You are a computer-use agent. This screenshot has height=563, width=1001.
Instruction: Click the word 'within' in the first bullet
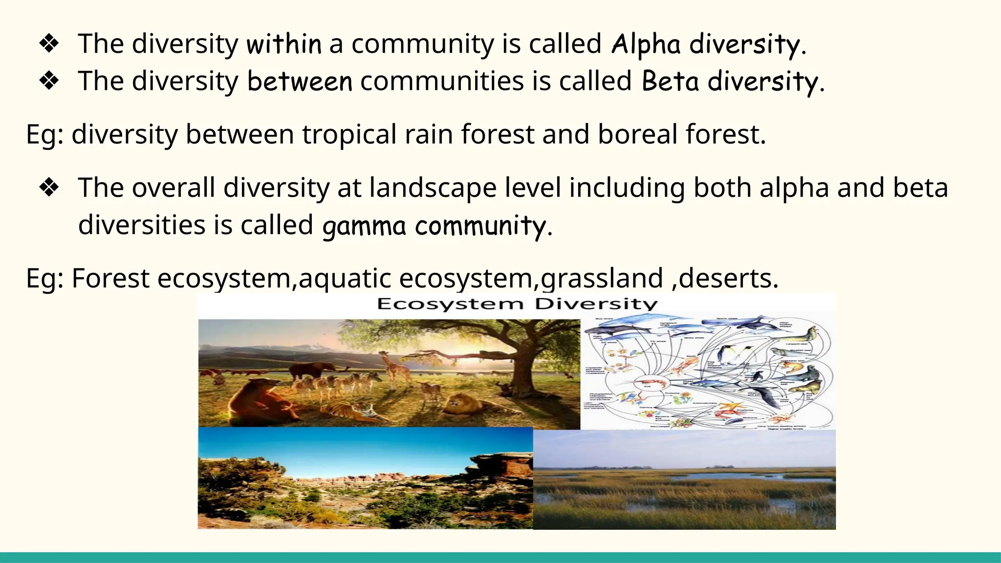click(284, 44)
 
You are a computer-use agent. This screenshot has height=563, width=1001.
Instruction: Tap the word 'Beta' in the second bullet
click(670, 81)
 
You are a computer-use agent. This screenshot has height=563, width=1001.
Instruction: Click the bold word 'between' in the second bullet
click(299, 81)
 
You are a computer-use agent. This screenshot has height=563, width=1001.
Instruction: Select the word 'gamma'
click(364, 226)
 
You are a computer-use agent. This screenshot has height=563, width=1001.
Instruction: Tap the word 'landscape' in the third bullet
click(432, 188)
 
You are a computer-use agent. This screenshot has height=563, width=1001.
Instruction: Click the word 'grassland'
click(601, 279)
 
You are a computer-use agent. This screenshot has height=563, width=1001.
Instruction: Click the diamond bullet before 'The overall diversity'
click(49, 188)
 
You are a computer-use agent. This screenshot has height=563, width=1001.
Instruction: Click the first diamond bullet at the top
click(49, 44)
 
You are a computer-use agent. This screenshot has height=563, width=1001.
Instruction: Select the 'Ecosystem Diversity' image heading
click(517, 304)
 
